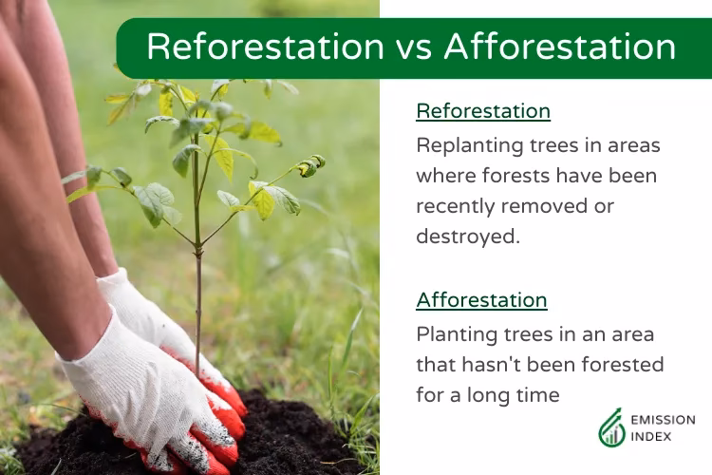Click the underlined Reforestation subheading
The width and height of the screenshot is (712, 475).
[x=482, y=111]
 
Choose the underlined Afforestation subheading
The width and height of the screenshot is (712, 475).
[x=481, y=300]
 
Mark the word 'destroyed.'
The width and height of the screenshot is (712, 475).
[x=468, y=237]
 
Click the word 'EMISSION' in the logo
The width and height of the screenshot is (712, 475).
[x=665, y=420]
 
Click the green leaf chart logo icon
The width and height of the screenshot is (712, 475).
[x=612, y=428]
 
